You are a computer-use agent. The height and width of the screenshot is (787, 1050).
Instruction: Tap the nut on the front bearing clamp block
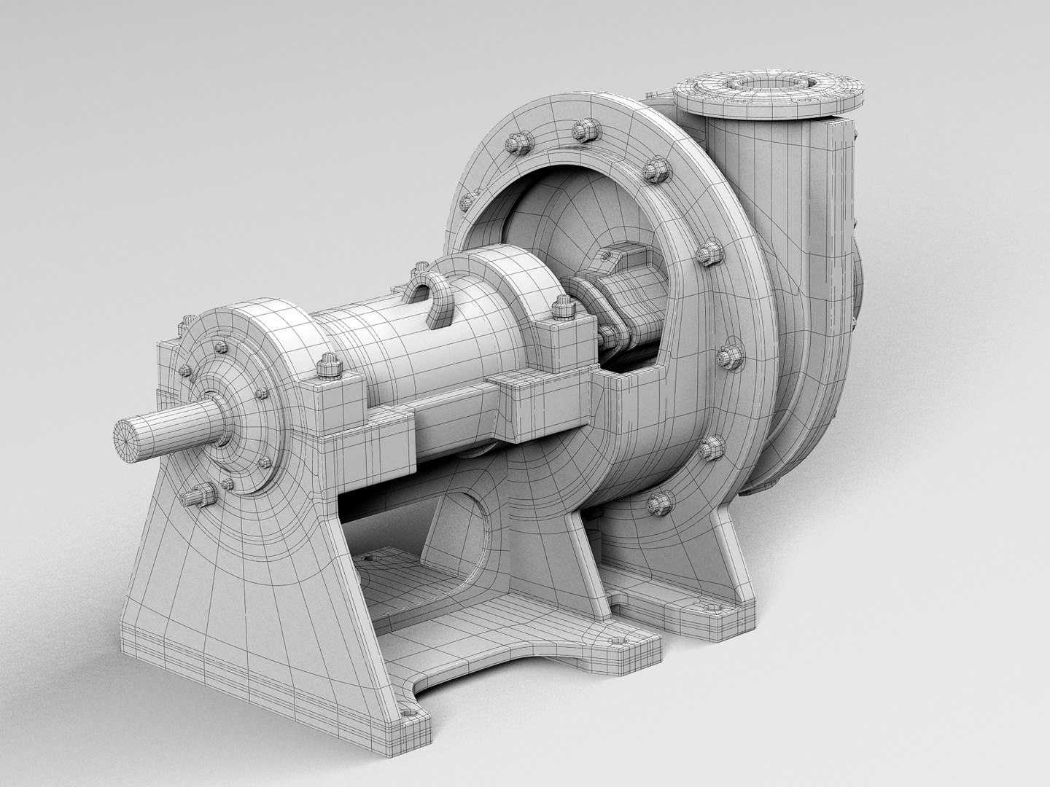click(328, 367)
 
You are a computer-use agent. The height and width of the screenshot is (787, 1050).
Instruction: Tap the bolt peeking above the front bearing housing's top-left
click(187, 320)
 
